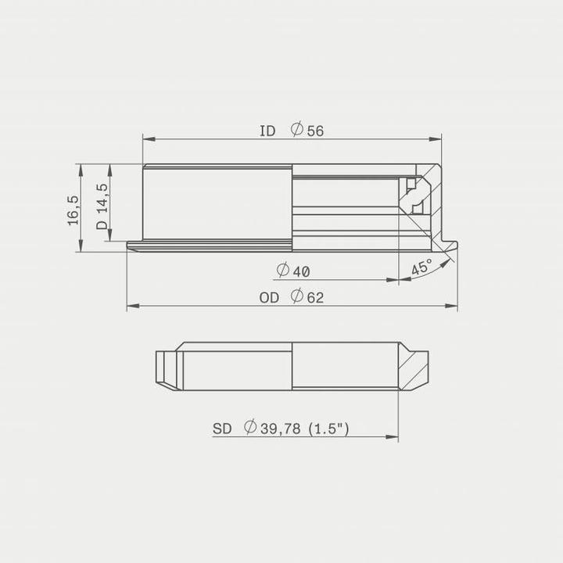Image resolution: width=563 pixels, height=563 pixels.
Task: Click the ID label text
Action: [267, 131]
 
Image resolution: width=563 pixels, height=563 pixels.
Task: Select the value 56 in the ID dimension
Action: [315, 131]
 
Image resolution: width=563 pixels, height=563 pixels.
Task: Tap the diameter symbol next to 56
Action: [297, 130]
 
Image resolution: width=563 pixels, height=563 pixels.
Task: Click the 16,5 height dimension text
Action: [73, 210]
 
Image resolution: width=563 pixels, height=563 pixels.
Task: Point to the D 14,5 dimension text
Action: [102, 207]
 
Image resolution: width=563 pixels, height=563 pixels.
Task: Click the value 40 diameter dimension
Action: [302, 271]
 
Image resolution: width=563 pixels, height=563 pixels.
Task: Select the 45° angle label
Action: [421, 267]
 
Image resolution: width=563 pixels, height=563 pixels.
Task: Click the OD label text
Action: [269, 298]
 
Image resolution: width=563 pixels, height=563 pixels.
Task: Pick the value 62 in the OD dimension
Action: [315, 298]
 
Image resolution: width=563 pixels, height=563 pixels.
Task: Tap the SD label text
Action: [222, 429]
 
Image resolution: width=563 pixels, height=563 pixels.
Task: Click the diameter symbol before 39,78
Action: [250, 428]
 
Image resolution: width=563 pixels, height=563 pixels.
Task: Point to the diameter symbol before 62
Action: [297, 297]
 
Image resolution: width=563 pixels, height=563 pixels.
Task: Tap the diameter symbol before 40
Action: [283, 271]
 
